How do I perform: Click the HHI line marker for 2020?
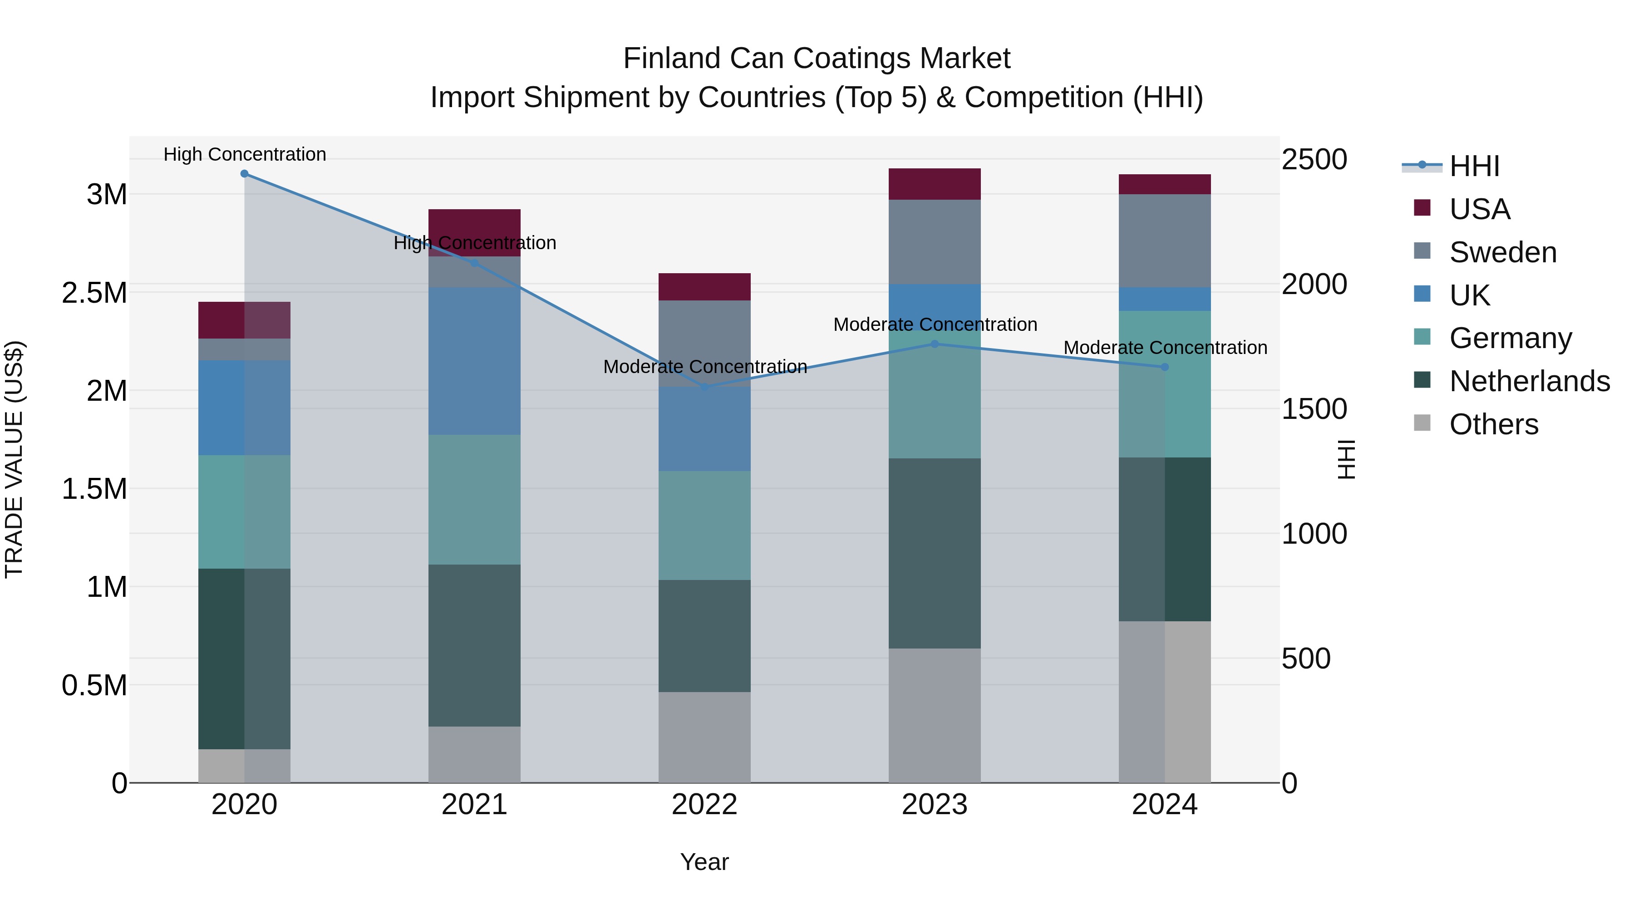click(x=244, y=174)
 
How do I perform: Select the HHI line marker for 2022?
click(x=705, y=387)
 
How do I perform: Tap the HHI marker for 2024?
click(x=1165, y=367)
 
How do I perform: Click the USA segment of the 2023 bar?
click(x=935, y=184)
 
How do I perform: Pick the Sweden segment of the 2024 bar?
click(x=1165, y=241)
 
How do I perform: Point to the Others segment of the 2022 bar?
click(x=705, y=737)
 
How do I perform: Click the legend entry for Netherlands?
click(x=1529, y=381)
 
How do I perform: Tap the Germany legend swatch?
click(x=1422, y=337)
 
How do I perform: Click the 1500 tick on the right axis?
click(x=1314, y=409)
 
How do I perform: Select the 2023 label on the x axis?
click(x=935, y=805)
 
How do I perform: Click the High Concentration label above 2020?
click(x=245, y=154)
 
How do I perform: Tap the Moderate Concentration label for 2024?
click(x=1165, y=348)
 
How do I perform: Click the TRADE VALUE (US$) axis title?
click(x=14, y=459)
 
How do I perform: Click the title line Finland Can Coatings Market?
click(x=817, y=59)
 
